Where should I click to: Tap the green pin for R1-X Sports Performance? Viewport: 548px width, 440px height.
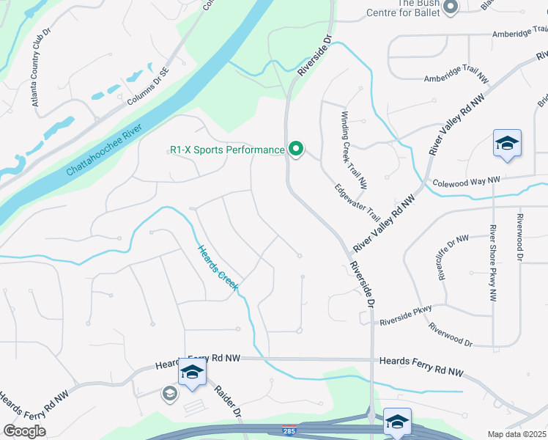(296, 149)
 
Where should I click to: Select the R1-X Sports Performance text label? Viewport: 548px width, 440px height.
(226, 150)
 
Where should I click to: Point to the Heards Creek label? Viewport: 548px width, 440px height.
(218, 268)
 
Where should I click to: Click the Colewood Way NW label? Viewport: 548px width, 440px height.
(466, 180)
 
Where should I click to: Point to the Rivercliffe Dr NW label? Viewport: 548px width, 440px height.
(452, 258)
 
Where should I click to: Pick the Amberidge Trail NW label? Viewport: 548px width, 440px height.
(456, 72)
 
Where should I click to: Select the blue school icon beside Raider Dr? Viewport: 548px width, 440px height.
(192, 373)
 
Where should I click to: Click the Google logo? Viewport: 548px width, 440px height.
(25, 430)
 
